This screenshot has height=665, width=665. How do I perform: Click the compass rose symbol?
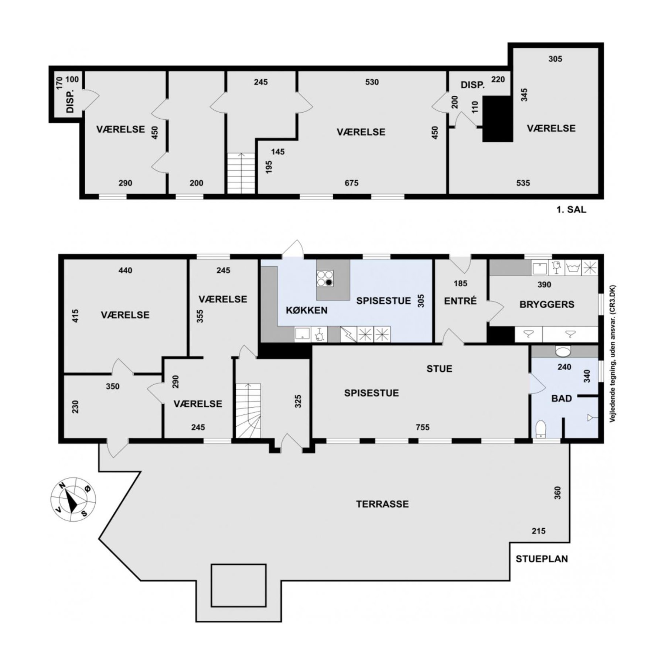pos(73,499)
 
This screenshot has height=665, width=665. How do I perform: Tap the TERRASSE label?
pos(382,504)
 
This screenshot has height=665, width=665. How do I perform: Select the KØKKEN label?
pos(307,310)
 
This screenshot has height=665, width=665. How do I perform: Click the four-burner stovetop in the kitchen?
pos(325,278)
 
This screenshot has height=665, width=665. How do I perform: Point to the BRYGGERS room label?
pos(547,304)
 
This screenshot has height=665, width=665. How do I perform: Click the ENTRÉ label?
pos(460,301)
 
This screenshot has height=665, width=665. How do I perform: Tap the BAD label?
pos(562,398)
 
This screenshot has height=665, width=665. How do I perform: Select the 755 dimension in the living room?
pos(423,427)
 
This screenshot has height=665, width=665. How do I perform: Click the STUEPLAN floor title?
pos(542,559)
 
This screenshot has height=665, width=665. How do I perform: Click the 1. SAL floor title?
pos(571,209)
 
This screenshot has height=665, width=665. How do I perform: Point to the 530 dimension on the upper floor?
pos(372,82)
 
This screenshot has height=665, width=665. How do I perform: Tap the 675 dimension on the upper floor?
pos(351,183)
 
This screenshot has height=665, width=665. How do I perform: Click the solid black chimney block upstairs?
pos(498,119)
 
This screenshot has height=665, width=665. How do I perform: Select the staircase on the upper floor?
pos(241,173)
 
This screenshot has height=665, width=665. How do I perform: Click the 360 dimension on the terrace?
pos(557,493)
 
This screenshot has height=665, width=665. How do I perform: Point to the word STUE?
pos(439,369)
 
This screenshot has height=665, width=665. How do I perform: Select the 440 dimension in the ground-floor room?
pos(125,270)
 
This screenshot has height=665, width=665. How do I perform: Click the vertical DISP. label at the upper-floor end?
pos(70,101)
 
